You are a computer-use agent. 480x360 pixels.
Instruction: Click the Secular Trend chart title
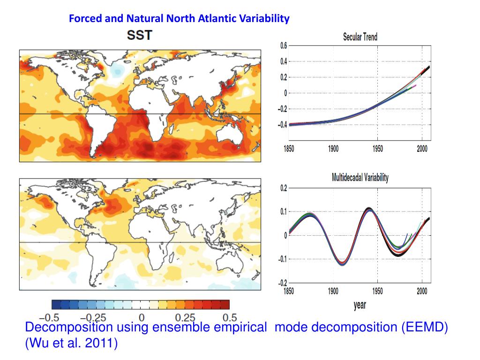(x=360, y=37)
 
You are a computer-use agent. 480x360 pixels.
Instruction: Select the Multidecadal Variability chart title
(x=360, y=178)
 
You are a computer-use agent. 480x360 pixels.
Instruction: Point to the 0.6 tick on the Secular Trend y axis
(x=284, y=45)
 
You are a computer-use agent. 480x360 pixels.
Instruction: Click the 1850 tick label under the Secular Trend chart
(x=289, y=149)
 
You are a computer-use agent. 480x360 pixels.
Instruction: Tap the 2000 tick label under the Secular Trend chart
(x=422, y=149)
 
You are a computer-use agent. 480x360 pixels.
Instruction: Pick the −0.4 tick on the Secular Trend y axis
(x=282, y=125)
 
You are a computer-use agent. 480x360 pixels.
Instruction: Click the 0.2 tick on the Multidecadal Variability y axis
(x=284, y=188)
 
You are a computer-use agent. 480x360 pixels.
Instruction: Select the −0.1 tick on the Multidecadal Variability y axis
(x=282, y=259)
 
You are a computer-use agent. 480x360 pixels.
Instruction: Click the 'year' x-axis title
(x=360, y=305)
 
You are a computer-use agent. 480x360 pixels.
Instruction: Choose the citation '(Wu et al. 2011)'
(x=71, y=343)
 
